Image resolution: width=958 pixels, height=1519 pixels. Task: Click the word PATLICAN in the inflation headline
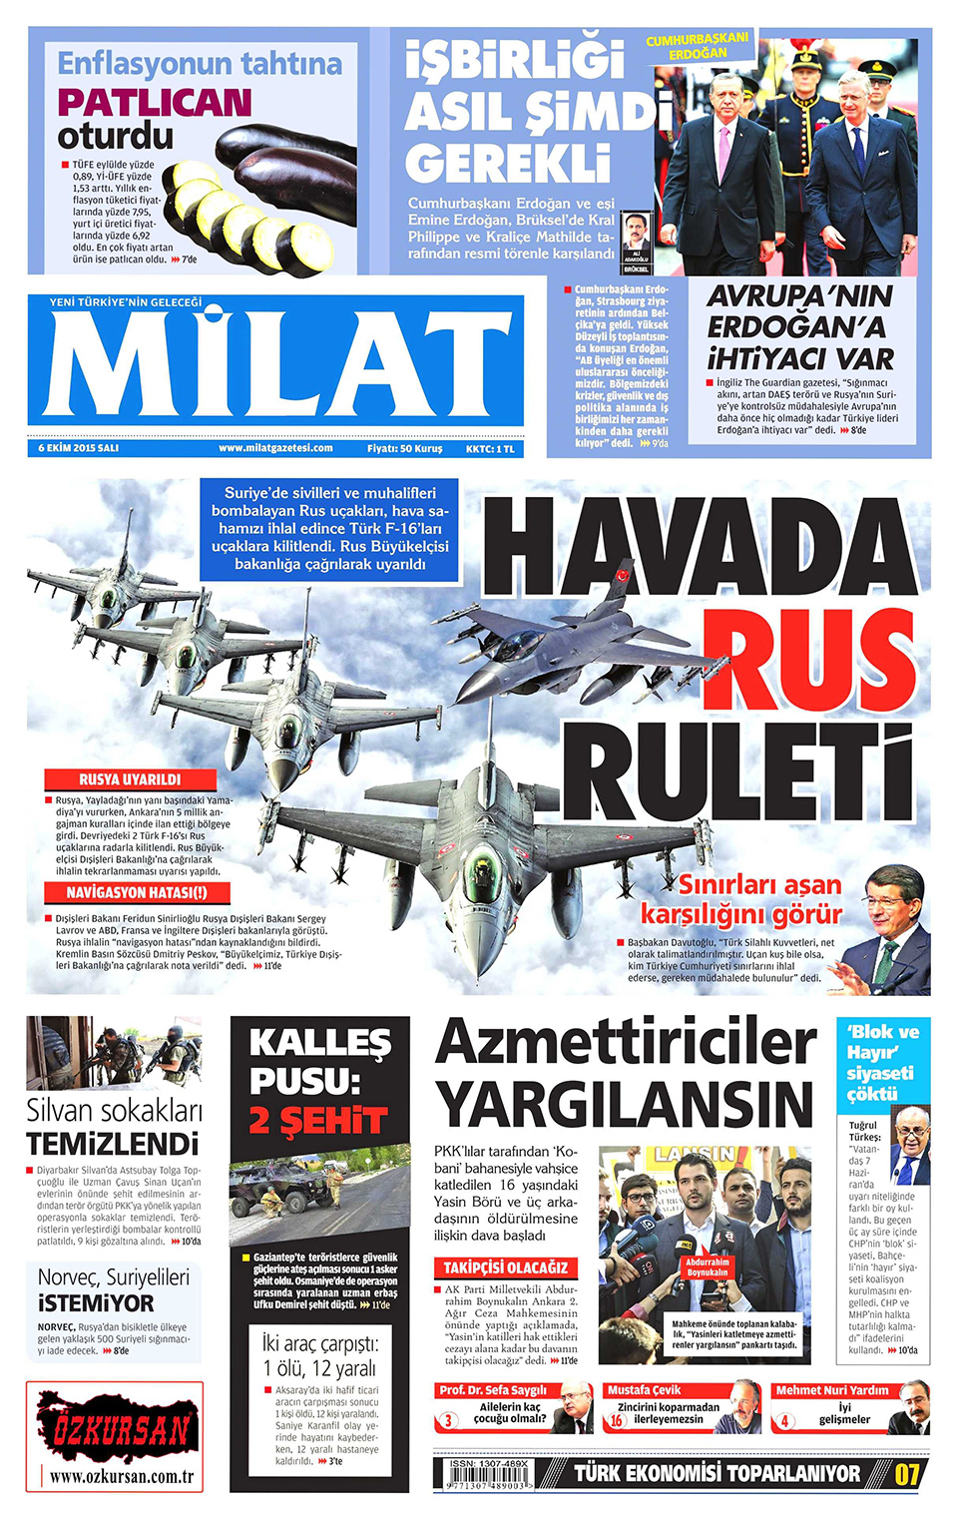tap(155, 102)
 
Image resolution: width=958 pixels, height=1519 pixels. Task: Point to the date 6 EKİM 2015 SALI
tap(79, 448)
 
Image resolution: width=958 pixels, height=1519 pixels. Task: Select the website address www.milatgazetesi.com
tap(275, 448)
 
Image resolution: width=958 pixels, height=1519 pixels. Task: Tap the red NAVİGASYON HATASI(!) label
tap(137, 893)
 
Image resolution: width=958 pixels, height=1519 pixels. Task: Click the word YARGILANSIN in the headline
tap(625, 1106)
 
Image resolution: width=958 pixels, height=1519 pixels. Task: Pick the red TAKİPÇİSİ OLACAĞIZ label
tap(505, 1267)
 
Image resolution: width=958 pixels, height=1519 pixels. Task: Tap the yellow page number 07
tap(906, 1474)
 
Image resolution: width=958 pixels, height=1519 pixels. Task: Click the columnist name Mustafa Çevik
tap(644, 1389)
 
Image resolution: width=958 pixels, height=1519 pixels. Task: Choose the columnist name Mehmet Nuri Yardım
tap(831, 1389)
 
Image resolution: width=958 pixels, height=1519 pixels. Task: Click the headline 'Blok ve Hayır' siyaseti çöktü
tap(882, 1062)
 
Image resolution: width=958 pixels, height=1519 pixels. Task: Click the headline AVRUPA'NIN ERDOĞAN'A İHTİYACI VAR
tap(799, 326)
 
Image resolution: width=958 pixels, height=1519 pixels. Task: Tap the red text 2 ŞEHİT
tap(317, 1121)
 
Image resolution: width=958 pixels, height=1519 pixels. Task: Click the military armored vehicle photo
tap(318, 1193)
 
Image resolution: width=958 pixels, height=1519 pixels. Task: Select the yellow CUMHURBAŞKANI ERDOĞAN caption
tap(697, 46)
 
